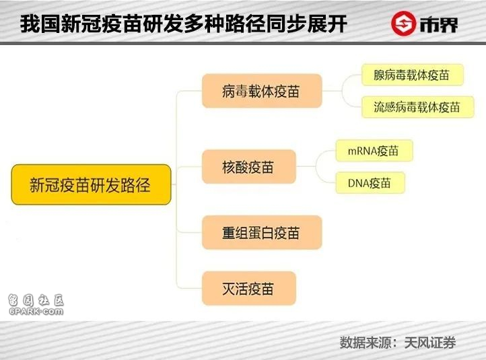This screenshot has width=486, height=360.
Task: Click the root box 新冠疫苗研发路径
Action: [x=91, y=184]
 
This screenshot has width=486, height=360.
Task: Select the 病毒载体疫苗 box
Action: [x=262, y=91]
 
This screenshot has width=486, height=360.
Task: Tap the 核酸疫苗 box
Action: [x=249, y=167]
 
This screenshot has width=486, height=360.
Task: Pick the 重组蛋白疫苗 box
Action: [x=262, y=232]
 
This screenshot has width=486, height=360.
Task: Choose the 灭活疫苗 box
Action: [x=249, y=288]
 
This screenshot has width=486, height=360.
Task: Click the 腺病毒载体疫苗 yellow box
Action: [x=413, y=75]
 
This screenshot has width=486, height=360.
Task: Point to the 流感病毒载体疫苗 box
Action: [x=418, y=107]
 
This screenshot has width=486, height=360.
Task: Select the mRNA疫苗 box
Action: [x=374, y=151]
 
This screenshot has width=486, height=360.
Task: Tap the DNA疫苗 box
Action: [x=370, y=183]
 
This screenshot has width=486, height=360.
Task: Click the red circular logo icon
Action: [x=403, y=24]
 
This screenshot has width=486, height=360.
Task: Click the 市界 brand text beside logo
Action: [x=439, y=24]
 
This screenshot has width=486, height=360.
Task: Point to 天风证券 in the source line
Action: [x=430, y=343]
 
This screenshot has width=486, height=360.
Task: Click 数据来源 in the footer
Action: [x=366, y=343]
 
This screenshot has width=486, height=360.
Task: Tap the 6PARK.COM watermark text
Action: [x=36, y=311]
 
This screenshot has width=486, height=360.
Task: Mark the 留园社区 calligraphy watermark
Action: [x=36, y=299]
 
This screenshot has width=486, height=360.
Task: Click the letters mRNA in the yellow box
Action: [x=363, y=151]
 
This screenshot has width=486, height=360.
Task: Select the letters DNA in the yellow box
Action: [x=359, y=184]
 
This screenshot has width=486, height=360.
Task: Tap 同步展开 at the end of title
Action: [x=306, y=24]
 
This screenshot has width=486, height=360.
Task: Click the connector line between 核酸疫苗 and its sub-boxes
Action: [x=316, y=167]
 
